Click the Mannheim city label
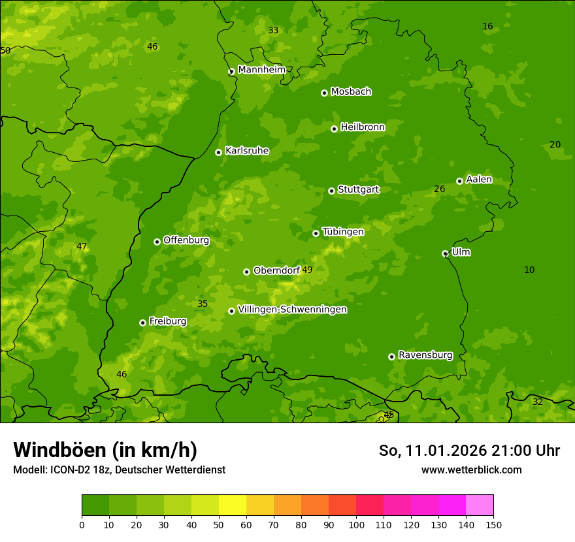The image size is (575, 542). point(261,70)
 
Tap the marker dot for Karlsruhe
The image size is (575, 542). point(218,152)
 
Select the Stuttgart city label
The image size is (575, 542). point(358,189)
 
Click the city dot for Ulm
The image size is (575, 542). point(445,253)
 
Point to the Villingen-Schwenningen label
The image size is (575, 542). point(292,310)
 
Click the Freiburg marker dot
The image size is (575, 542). point(142,323)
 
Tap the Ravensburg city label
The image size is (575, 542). point(425,355)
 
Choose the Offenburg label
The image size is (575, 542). point(186,240)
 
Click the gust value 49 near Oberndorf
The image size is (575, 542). point(307,270)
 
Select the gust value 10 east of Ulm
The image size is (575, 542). point(529,270)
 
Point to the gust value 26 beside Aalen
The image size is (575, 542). point(440,189)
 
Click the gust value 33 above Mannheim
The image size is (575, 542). point(273,30)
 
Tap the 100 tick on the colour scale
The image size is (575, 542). point(356,524)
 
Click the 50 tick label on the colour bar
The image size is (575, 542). point(219,524)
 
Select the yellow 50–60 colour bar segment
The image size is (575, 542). point(233,505)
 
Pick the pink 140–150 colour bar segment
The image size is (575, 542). point(480,505)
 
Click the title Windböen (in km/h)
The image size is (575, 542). point(105,450)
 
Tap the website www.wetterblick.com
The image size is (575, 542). point(471,470)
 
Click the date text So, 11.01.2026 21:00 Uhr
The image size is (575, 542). point(469,451)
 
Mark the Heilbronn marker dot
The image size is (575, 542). point(334,129)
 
